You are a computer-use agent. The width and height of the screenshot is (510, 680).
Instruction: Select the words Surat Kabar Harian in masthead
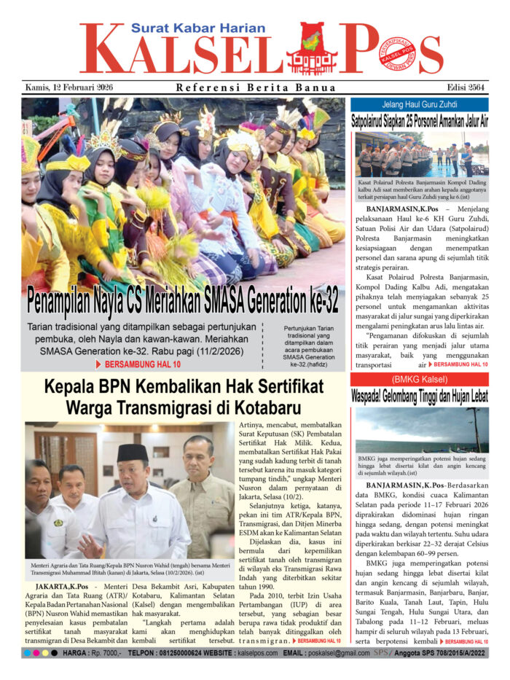coord(188,28)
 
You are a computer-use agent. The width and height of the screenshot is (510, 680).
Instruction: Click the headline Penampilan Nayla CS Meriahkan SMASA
coord(182,300)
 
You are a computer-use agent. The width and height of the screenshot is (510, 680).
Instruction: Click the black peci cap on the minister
coord(132,453)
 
